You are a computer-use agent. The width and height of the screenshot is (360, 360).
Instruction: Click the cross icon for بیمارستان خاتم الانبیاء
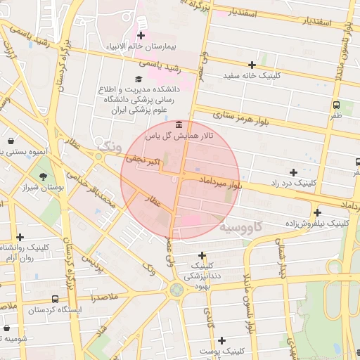click(x=141, y=35)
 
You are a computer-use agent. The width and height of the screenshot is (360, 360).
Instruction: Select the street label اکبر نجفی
click(x=143, y=162)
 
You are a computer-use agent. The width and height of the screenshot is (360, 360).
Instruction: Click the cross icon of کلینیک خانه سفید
click(x=252, y=65)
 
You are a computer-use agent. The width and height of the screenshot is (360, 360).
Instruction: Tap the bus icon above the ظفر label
click(x=337, y=105)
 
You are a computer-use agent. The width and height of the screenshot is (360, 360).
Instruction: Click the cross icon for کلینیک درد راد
click(x=293, y=172)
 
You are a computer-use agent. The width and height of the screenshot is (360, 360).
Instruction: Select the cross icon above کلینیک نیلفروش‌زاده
click(x=318, y=212)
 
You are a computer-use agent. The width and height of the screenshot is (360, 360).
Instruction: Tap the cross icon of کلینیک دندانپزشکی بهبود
click(x=202, y=255)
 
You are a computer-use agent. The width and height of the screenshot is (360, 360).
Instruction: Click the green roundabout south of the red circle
click(x=175, y=289)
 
